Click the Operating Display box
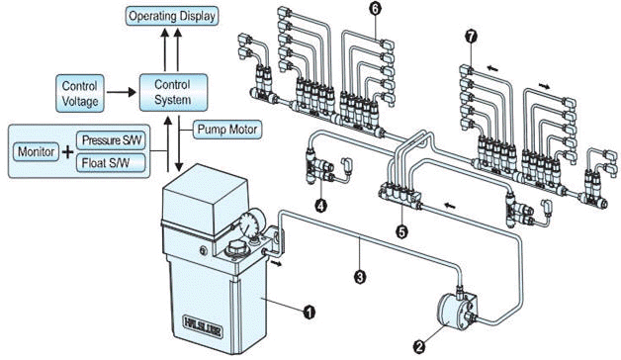172,17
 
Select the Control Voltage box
80,94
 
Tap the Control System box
173,92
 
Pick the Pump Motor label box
227,130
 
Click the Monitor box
36,152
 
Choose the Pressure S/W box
112,140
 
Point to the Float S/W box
112,162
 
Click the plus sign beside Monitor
67,152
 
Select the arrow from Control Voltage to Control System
122,93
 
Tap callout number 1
309,313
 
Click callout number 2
419,346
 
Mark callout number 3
360,276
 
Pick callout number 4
320,205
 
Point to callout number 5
402,231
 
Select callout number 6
376,10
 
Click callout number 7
471,37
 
